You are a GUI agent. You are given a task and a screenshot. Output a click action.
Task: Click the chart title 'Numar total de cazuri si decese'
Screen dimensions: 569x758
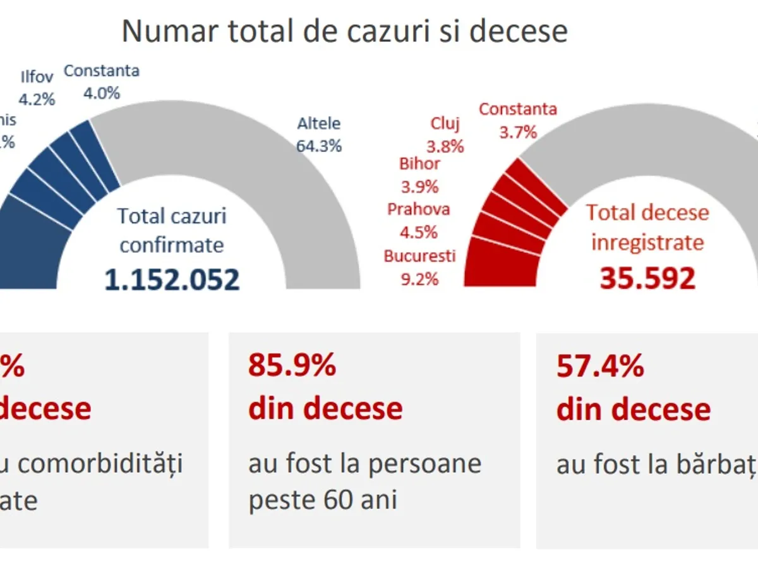pos(344,32)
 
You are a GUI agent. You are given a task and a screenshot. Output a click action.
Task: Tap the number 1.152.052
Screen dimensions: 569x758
pos(172,279)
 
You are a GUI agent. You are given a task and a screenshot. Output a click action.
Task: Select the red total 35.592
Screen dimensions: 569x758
pos(647,278)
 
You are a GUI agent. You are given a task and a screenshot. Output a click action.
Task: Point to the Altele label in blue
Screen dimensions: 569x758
pos(319,124)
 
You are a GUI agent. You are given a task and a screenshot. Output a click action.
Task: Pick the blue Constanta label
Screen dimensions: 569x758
pos(101,71)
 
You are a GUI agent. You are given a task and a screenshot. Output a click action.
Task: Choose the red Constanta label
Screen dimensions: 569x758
pos(518,109)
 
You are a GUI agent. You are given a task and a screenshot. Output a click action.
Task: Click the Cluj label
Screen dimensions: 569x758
pos(445,124)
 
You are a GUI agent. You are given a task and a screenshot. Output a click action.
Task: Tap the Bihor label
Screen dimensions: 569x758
pos(419,164)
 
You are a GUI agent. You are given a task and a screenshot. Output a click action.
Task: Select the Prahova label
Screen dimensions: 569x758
pos(419,209)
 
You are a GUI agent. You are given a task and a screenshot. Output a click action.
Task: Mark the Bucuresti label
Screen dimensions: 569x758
pos(419,256)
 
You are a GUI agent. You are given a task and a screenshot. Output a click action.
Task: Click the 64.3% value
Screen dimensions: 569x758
pos(319,146)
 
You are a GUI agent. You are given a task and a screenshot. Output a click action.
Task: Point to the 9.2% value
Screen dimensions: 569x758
pos(419,278)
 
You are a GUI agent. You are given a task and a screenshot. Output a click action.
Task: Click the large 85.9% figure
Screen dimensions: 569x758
pos(292,365)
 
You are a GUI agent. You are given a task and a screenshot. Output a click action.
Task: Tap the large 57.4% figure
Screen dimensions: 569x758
pos(600,365)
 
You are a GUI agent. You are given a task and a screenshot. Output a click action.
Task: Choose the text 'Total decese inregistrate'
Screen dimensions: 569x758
pos(647,227)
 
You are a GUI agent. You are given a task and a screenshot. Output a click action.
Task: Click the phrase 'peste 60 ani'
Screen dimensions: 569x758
pos(323,500)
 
